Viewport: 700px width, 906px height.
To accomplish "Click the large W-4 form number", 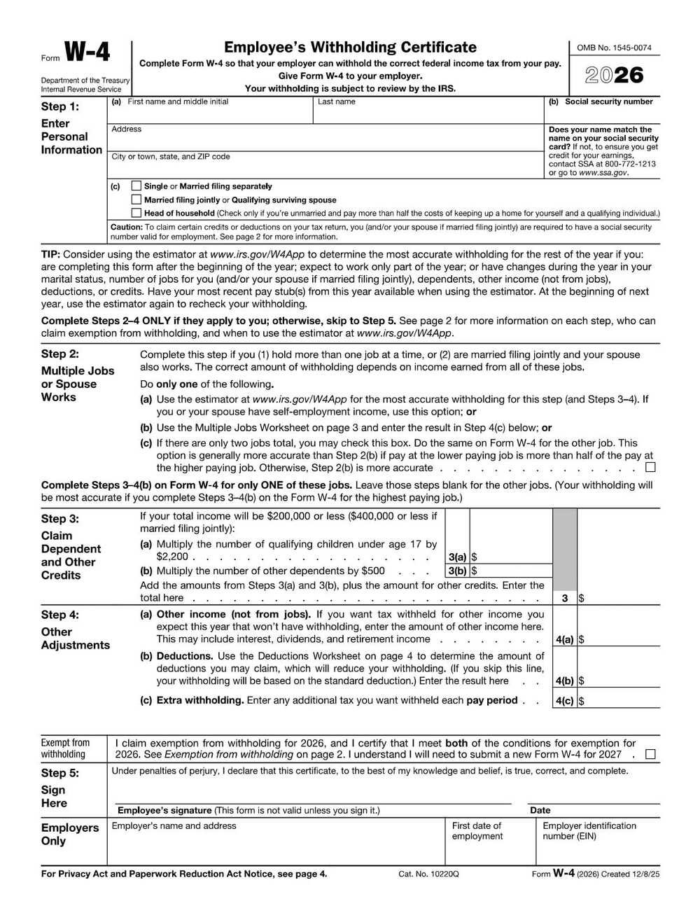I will [x=87, y=53].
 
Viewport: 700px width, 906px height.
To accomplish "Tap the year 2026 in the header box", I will [x=614, y=75].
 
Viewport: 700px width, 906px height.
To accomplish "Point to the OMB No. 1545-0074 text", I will [x=614, y=48].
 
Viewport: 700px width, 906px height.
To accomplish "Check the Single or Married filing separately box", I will [x=136, y=186].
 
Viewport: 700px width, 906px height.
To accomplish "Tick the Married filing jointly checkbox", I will [x=136, y=200].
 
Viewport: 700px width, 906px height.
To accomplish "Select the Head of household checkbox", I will [x=136, y=213].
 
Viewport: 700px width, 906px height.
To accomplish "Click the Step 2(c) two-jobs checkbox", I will [x=651, y=467].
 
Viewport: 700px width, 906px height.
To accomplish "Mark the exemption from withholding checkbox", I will [x=651, y=755].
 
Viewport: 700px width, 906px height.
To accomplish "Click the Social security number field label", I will [x=608, y=102].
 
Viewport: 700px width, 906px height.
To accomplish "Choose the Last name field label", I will [x=337, y=102].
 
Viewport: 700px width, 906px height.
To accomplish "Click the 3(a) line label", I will [x=456, y=557].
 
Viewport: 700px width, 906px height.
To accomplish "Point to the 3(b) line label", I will [x=456, y=571].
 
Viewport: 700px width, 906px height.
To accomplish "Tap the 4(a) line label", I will [x=564, y=639].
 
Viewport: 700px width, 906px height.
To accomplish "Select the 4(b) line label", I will [x=564, y=681].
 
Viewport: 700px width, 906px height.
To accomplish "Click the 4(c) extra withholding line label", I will [x=564, y=700].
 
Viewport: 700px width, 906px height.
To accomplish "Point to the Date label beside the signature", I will [x=540, y=810].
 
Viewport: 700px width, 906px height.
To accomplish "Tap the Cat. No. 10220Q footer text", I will [x=428, y=874].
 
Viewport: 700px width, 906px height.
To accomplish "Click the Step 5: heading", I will [x=60, y=773].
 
